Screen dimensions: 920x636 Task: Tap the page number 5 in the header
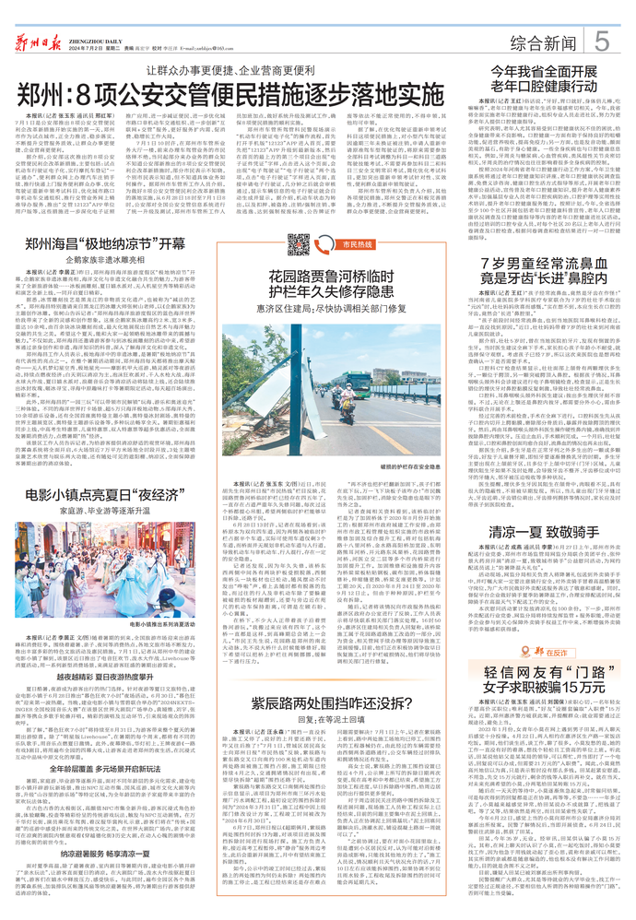pyautogui.click(x=600, y=41)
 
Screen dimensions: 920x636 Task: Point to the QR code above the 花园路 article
pyautogui.click(x=298, y=245)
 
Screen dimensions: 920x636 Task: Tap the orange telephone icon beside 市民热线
pyautogui.click(x=324, y=245)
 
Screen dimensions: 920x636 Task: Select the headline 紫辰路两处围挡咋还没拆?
pyautogui.click(x=318, y=702)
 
